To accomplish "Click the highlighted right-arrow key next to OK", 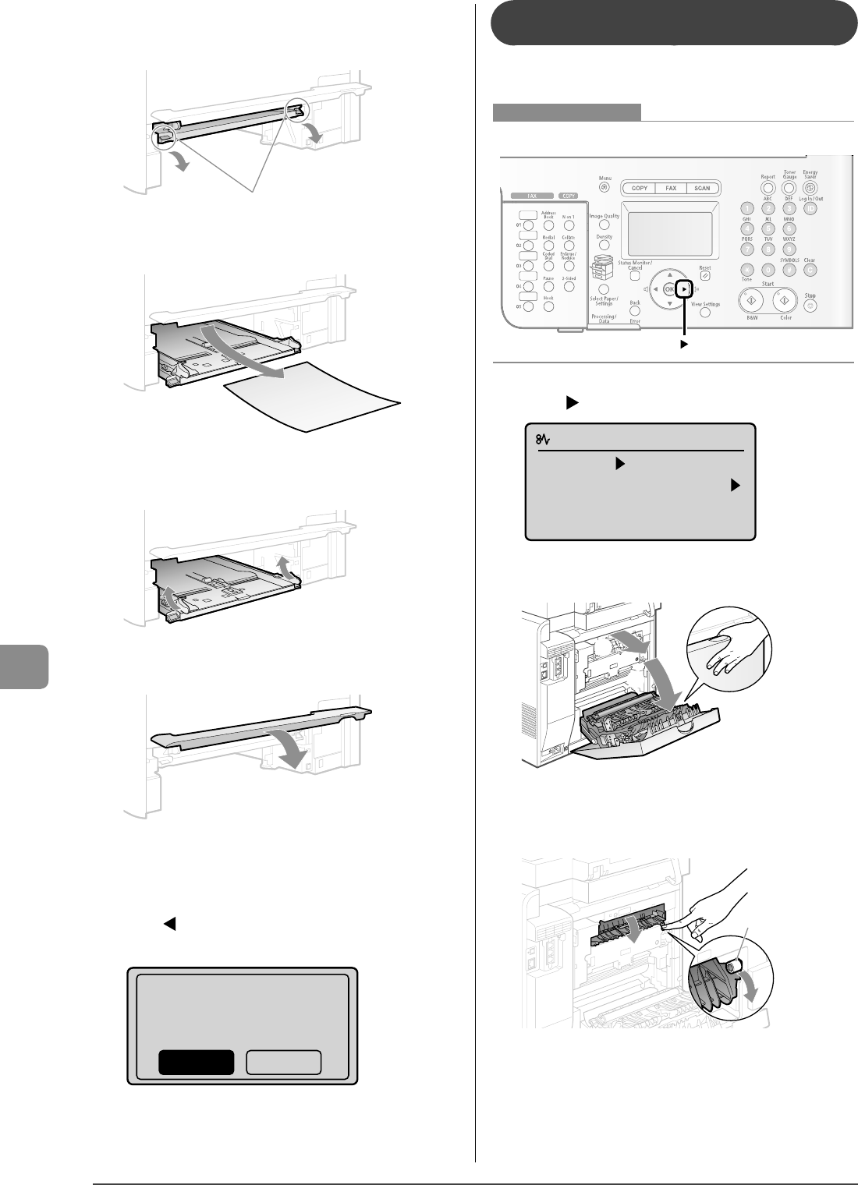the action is click(684, 288).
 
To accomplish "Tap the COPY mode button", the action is click(640, 188).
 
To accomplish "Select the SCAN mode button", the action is click(702, 188).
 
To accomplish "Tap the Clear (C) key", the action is click(810, 271).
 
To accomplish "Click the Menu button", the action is click(604, 187).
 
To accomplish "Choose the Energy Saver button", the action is click(810, 188).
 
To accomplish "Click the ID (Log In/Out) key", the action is click(810, 209).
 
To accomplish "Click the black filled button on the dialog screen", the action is click(197, 1063).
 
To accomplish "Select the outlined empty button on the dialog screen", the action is click(284, 1063).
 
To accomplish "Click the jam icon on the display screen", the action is click(541, 441).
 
